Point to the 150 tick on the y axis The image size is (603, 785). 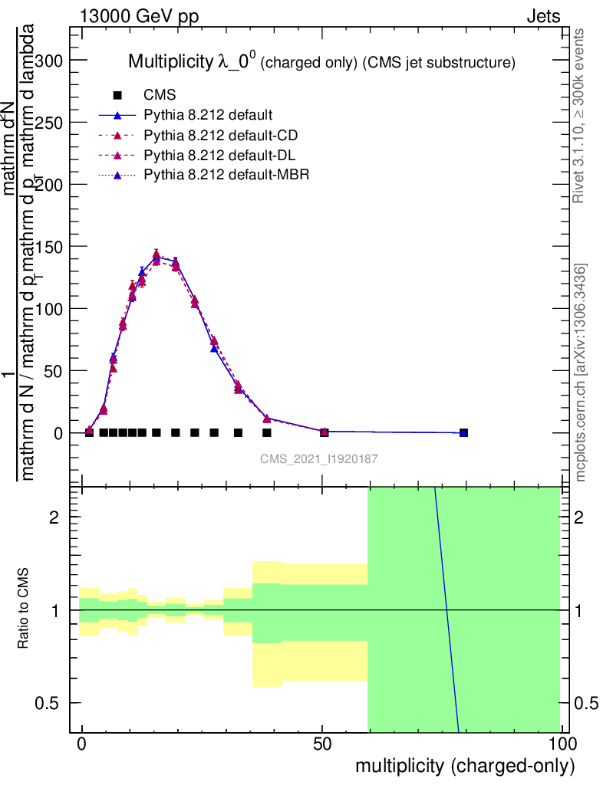(71, 247)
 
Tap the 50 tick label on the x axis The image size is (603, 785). (323, 744)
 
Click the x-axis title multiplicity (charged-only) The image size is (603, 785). (465, 766)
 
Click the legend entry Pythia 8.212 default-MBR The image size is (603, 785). (226, 175)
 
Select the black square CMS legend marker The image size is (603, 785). (117, 96)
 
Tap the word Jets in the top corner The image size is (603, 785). (543, 17)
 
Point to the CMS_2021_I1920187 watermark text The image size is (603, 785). (319, 458)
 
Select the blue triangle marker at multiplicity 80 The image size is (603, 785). (463, 432)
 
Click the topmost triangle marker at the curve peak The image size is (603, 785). (157, 254)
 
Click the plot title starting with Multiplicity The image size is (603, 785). (321, 61)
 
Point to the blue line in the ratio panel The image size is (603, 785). (446, 609)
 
